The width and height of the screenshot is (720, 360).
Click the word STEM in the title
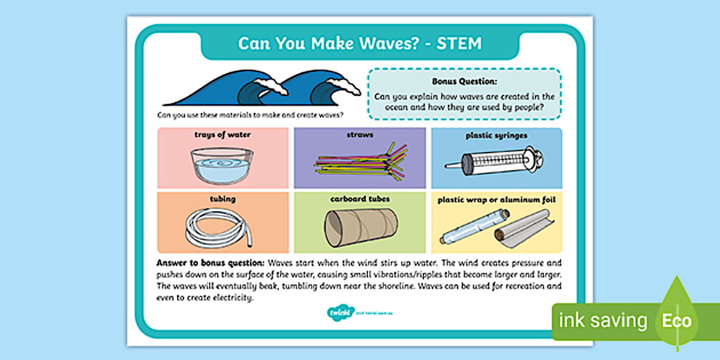coord(459,43)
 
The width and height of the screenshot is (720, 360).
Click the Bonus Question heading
coord(464,82)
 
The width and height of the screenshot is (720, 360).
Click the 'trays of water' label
coord(222,135)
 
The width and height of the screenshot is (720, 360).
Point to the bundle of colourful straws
coord(360,162)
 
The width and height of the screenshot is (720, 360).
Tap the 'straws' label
coord(359,135)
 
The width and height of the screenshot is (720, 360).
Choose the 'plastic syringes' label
coord(496,136)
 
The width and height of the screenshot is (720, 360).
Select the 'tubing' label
coord(222,199)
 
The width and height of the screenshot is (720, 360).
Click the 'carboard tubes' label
coord(360,199)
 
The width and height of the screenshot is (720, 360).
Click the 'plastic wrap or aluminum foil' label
coord(496,200)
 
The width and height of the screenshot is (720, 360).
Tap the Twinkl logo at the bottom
coord(337,312)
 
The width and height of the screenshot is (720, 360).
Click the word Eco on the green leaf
coord(677,321)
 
